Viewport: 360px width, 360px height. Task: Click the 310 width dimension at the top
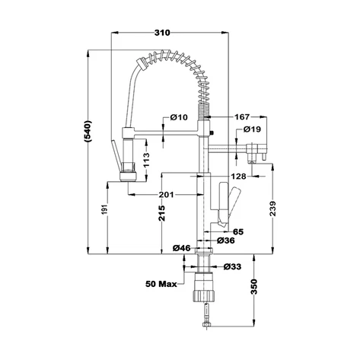162,33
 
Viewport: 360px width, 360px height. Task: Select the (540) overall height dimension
88,131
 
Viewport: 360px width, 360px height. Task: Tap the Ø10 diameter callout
179,117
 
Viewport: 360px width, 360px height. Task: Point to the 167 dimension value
242,117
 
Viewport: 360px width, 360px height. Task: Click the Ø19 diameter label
252,129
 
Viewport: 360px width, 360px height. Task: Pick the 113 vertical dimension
146,160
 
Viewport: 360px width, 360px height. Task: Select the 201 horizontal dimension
167,195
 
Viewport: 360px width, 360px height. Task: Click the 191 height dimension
106,209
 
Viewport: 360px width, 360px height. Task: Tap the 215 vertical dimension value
161,213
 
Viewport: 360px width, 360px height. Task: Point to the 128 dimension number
239,176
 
